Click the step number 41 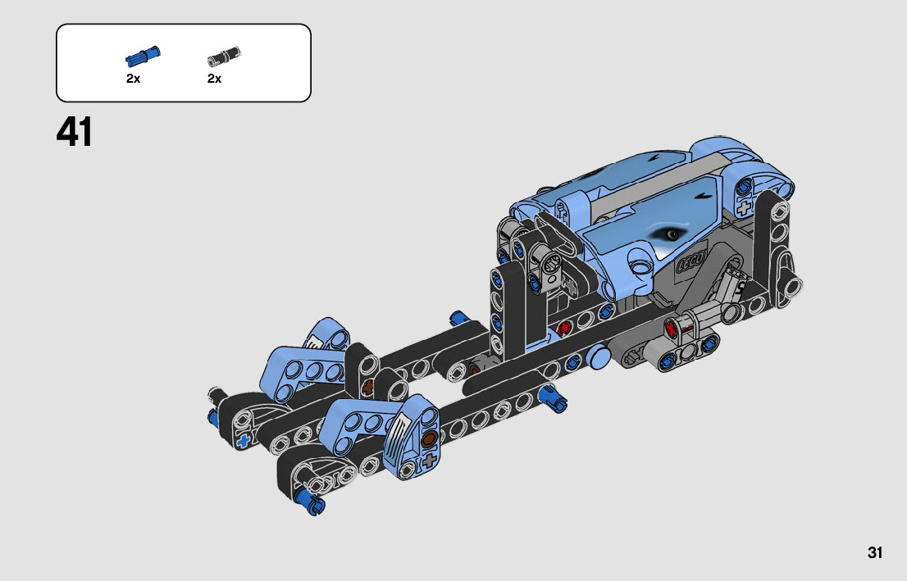point(74,133)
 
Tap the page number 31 point(874,552)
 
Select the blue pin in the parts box point(143,56)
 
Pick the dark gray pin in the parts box point(224,56)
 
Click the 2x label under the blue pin point(133,79)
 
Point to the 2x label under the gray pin point(214,79)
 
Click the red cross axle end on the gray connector point(672,329)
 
